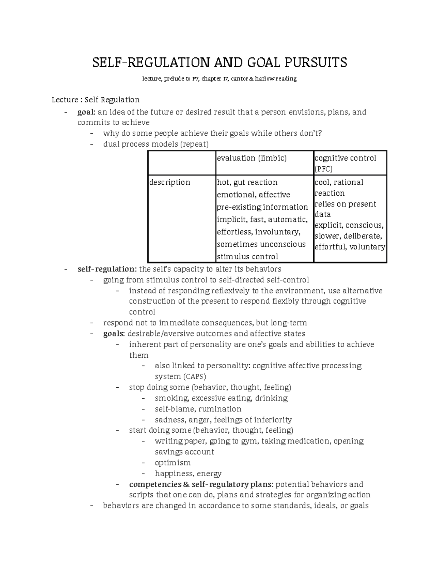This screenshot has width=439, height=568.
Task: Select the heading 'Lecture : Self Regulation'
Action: point(95,100)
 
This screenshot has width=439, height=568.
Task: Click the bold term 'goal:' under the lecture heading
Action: point(86,112)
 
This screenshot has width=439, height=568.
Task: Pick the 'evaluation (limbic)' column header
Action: point(252,158)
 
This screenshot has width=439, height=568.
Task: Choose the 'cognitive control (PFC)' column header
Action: point(345,163)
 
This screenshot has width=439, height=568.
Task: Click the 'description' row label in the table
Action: point(170,182)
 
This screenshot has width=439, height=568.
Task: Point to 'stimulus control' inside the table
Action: point(247,257)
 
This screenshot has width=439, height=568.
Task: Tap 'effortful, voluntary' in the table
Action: point(349,247)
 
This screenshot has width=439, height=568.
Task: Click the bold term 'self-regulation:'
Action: point(107,269)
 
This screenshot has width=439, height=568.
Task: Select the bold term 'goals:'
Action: point(114,334)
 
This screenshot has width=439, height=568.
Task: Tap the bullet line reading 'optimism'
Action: point(173,463)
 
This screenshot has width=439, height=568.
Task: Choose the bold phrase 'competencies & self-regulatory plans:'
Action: point(201,484)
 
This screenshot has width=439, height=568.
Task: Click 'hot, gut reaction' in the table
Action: point(247,182)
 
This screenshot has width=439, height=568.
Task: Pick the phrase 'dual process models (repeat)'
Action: point(156,144)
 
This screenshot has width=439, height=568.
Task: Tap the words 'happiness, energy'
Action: point(188,474)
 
